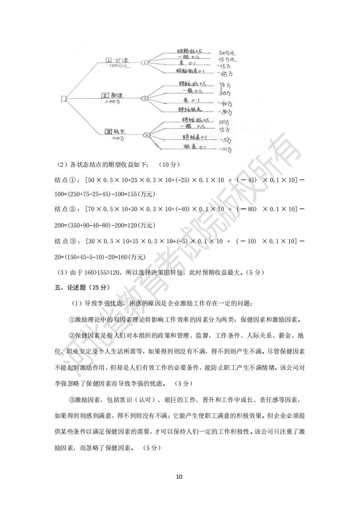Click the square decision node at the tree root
pos(64,98)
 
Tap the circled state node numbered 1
pos(145,63)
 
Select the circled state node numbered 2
pos(145,98)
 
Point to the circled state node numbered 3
pos(146,134)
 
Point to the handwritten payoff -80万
pos(224,111)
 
